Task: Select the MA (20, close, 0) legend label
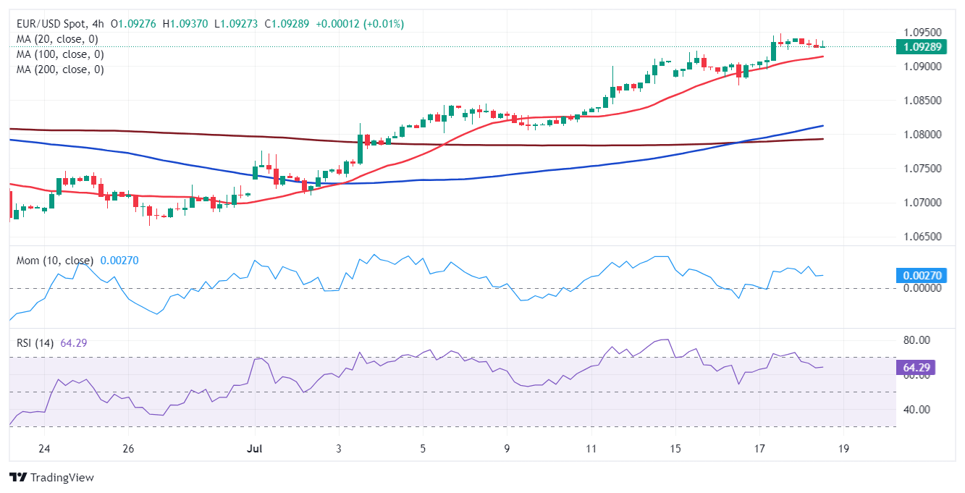[x=57, y=39]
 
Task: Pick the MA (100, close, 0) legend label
[x=60, y=54]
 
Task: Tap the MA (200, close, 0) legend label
[x=60, y=69]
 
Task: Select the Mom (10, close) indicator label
[x=55, y=261]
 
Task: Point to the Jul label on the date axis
[x=253, y=450]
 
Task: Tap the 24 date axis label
[x=44, y=450]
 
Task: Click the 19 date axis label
[x=843, y=450]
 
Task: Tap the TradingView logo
[x=51, y=478]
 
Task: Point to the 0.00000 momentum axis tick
[x=922, y=288]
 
